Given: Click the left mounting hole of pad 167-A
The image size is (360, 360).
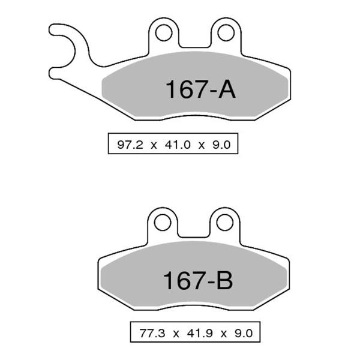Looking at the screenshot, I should (x=163, y=33).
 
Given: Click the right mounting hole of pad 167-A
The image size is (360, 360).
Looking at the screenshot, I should (x=226, y=33).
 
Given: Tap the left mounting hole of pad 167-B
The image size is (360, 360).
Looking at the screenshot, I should (x=162, y=223).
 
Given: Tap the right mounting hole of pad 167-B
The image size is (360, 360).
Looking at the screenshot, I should (x=225, y=223).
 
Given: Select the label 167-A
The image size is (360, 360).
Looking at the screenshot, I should (x=200, y=90).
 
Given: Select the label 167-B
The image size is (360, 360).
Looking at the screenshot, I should (x=197, y=280).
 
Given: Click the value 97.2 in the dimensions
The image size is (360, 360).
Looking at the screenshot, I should (x=129, y=144).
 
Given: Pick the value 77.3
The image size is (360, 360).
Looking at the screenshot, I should (x=151, y=332).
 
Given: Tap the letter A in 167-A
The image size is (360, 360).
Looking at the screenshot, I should (x=226, y=90).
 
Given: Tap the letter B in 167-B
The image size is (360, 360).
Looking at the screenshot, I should (x=223, y=280).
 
